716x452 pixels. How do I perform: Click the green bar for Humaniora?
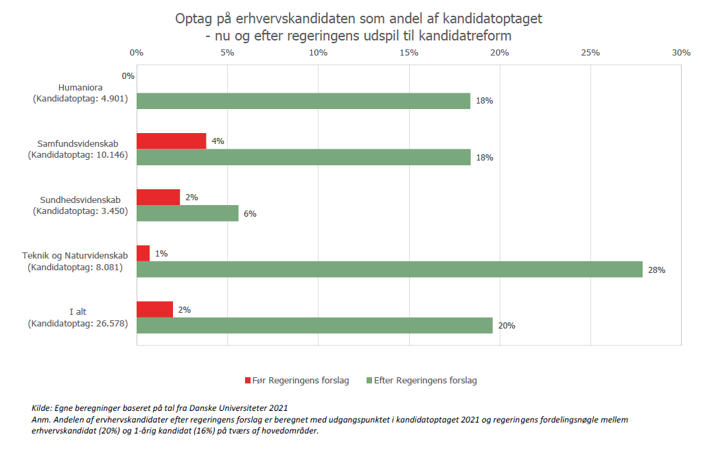(x=303, y=101)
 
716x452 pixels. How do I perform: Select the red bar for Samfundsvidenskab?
(x=171, y=141)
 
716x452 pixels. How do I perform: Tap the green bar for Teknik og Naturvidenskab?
(x=389, y=270)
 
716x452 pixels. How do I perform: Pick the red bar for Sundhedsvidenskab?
(x=158, y=197)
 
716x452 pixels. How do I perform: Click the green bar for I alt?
(x=314, y=326)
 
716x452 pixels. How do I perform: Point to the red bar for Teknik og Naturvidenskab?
(x=143, y=253)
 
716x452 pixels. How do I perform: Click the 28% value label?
(x=656, y=270)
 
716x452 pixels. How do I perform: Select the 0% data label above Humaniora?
(x=128, y=76)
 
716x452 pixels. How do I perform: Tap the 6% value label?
(x=250, y=214)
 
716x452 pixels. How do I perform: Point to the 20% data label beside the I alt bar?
(x=507, y=326)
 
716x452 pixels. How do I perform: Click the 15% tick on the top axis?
(x=408, y=53)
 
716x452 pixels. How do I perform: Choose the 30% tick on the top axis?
(x=680, y=53)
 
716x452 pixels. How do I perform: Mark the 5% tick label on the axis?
(x=227, y=53)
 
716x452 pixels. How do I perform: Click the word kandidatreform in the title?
(x=473, y=35)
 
